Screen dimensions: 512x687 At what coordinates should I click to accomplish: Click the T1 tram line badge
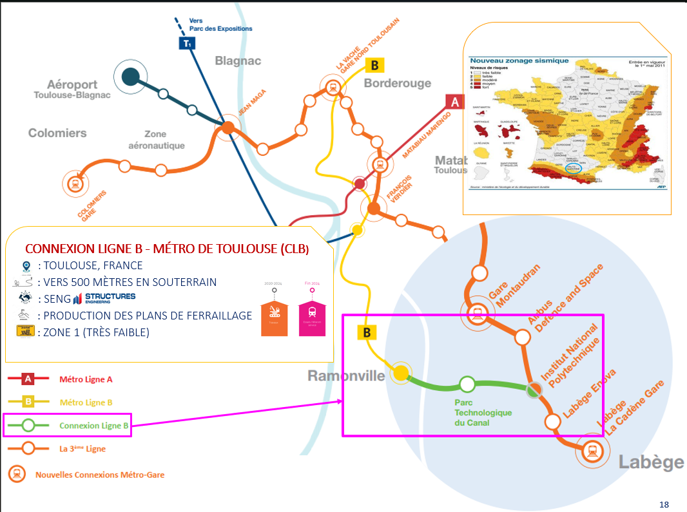click(x=187, y=44)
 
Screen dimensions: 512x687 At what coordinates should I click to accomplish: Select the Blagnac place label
click(x=238, y=61)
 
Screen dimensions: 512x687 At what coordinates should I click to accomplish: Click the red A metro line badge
click(x=455, y=102)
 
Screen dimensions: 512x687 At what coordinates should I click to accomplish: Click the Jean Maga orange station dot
click(x=227, y=128)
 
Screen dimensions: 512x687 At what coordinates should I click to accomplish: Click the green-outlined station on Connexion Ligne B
click(x=467, y=384)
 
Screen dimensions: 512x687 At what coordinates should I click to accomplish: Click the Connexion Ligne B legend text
click(x=94, y=426)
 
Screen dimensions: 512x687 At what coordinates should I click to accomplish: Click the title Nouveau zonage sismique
click(x=519, y=61)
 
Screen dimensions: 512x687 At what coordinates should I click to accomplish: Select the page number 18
click(x=664, y=503)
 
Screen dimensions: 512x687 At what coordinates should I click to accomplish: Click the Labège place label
click(x=651, y=462)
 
